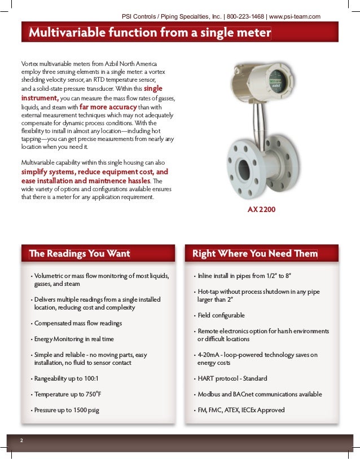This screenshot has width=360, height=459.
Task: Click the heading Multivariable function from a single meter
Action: coord(150,34)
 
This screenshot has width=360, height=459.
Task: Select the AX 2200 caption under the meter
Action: coord(262,210)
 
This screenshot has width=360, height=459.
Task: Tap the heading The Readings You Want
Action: coord(80,254)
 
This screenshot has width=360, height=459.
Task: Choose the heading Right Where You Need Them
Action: coord(255,254)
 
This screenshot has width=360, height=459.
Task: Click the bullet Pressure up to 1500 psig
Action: coord(67,410)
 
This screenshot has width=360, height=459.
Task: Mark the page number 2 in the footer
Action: coord(21,440)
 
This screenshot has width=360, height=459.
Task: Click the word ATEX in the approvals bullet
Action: coord(232,410)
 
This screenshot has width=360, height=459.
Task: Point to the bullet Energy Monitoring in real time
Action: coord(74,339)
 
